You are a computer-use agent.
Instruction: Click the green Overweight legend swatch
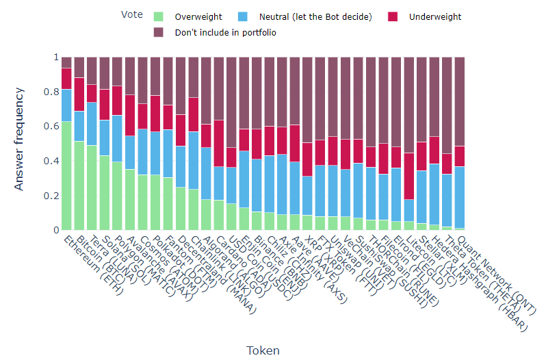click(x=159, y=16)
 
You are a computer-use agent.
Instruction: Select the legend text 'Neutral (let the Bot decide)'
click(x=315, y=16)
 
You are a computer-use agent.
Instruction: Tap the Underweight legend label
click(x=435, y=16)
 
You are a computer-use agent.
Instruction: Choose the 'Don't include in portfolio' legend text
click(x=226, y=32)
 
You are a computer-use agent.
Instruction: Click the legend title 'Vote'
click(x=131, y=14)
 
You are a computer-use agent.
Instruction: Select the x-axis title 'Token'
click(x=263, y=350)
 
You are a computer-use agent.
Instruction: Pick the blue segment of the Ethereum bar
click(x=66, y=105)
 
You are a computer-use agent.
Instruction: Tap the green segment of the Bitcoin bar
click(x=79, y=185)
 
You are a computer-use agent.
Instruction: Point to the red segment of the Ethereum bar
click(x=66, y=79)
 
